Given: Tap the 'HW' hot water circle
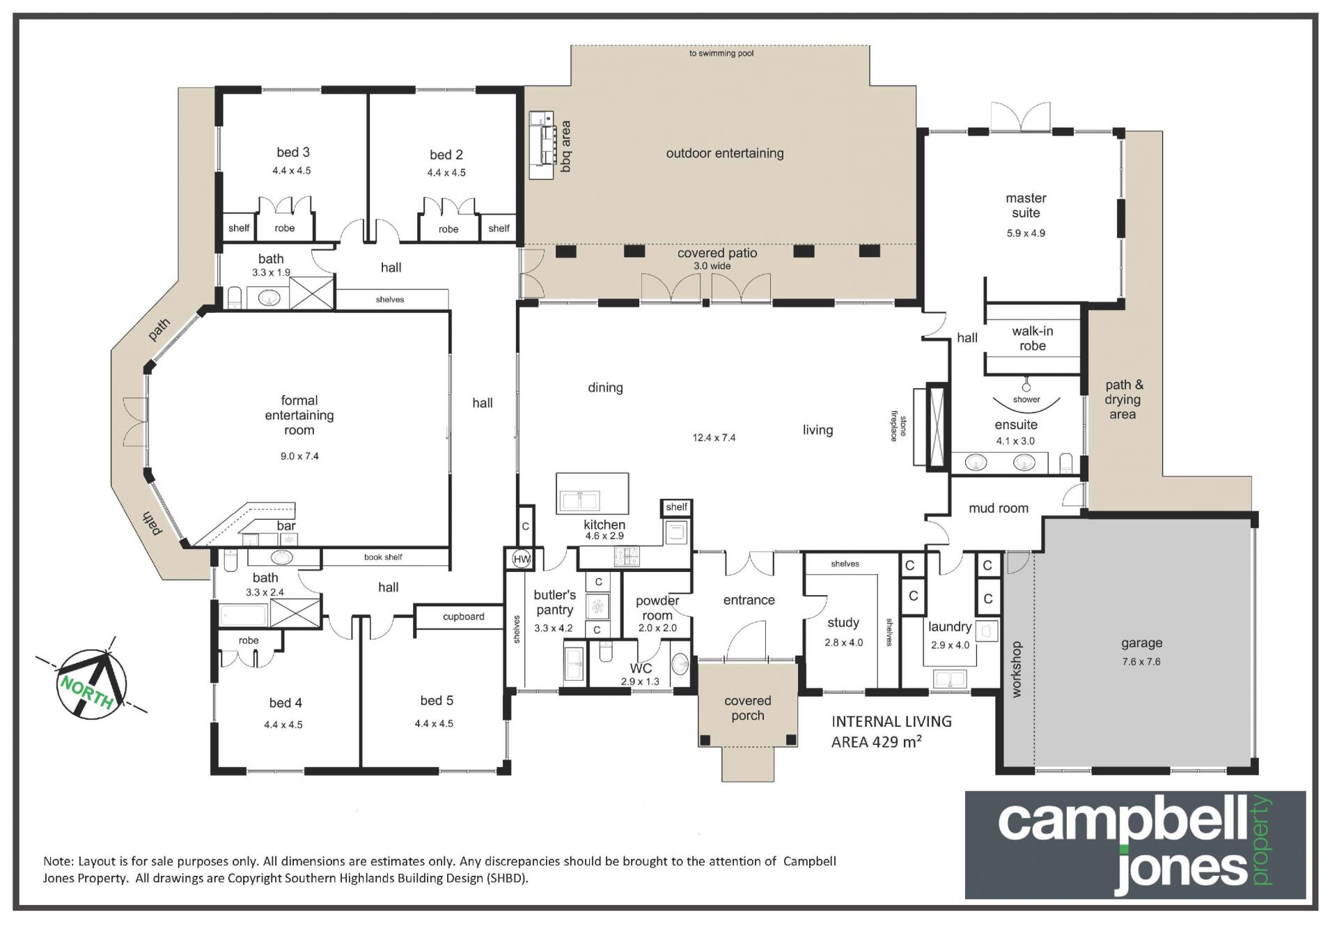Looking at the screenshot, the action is (521, 558).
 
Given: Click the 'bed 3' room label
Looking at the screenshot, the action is (292, 152).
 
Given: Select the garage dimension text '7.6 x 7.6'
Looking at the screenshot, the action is (1141, 661).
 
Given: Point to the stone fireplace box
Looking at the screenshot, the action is (937, 426).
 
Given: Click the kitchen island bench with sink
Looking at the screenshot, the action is (592, 493).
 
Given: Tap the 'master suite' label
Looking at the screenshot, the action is (1026, 206).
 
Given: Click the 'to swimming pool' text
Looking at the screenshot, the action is (721, 53).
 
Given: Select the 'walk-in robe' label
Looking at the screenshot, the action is (1032, 339).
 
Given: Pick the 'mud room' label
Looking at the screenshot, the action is (998, 509).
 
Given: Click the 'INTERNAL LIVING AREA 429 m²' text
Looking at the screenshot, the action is (891, 732).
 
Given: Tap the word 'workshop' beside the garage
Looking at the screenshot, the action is (1016, 669).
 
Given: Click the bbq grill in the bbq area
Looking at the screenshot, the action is (541, 145).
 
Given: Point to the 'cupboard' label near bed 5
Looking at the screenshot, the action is (463, 617).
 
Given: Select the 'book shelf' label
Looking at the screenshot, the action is (383, 557).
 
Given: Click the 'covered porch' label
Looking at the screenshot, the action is (748, 708).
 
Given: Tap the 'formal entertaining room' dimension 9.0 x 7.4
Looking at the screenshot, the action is (299, 456).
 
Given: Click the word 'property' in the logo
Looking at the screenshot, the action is (1262, 840).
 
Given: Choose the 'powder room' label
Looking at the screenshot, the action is (657, 608).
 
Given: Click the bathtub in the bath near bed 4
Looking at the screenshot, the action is (244, 615).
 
